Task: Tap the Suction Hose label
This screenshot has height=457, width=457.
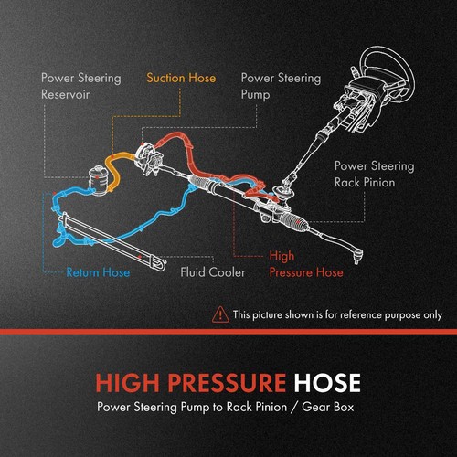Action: [181, 78]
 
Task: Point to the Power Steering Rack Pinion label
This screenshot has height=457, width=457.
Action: [374, 175]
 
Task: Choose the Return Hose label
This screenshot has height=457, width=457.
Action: [98, 271]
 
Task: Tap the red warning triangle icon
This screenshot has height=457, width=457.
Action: [220, 314]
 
